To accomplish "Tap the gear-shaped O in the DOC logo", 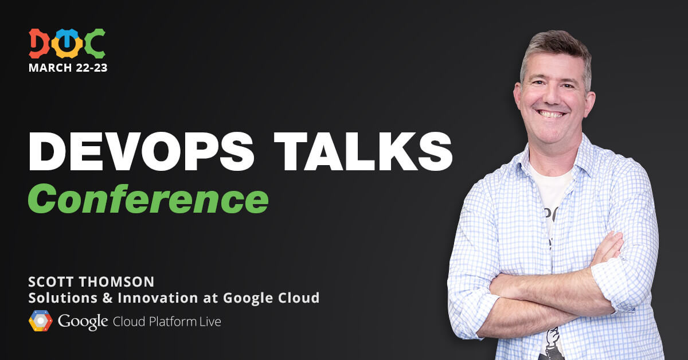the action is pos(67,44).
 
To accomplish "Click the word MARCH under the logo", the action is pos(50,68).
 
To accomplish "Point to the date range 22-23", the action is pos(91,68).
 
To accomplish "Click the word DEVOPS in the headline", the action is pos(141,152).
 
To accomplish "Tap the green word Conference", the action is pos(148,199).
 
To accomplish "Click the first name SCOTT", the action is pos(50,282).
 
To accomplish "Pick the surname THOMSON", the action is pos(116,282).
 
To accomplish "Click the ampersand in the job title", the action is pos(108,298).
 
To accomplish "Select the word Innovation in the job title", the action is pos(158,298).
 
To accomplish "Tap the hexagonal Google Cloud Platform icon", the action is pos(41,320).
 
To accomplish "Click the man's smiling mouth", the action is pos(551,114).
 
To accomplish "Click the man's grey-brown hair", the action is pos(557,50).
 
